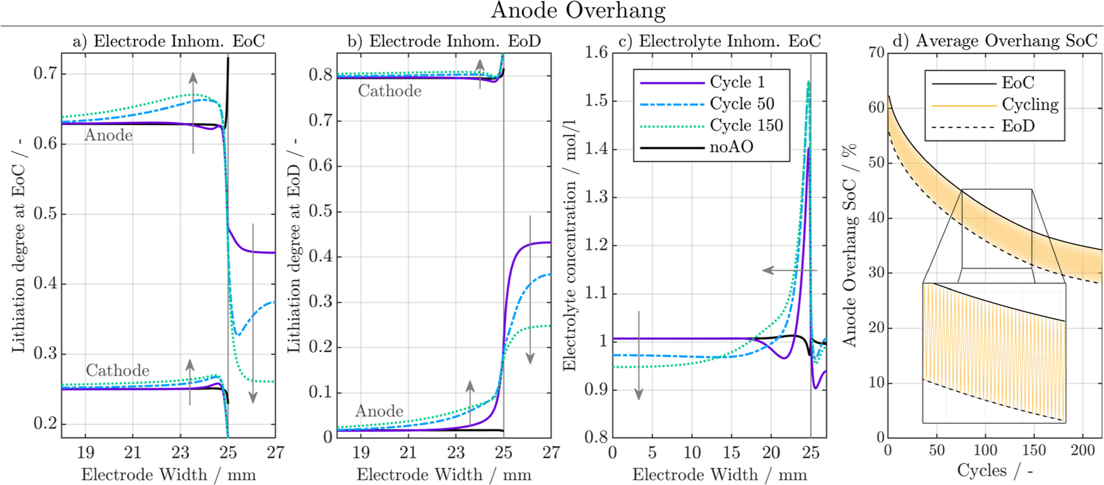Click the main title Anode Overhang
point(578,11)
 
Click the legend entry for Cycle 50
point(742,104)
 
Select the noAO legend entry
point(731,147)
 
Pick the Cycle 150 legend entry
point(746,125)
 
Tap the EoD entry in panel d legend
point(1018,127)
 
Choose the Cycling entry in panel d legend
point(1030,105)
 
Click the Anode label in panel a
point(109,135)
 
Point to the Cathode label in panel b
point(389,91)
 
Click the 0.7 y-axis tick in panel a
point(45,73)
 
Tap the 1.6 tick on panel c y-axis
point(596,52)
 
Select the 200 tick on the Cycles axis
point(1083,450)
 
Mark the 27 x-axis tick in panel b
point(551,453)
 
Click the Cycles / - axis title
point(994,471)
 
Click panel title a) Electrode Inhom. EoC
point(168,41)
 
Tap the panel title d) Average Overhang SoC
point(994,41)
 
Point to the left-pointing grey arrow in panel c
point(789,270)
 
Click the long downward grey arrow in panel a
point(253,312)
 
